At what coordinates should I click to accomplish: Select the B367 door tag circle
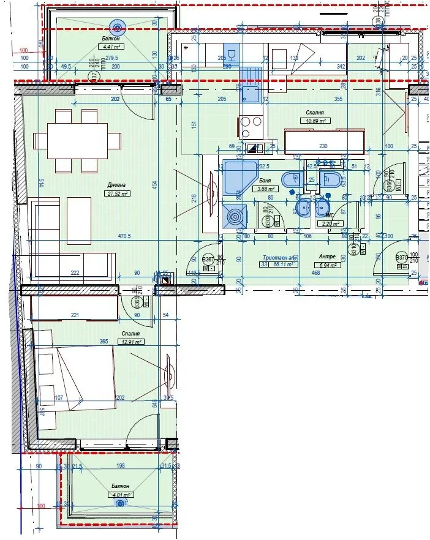coord(208,260)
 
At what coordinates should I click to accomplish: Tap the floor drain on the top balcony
coord(116,26)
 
